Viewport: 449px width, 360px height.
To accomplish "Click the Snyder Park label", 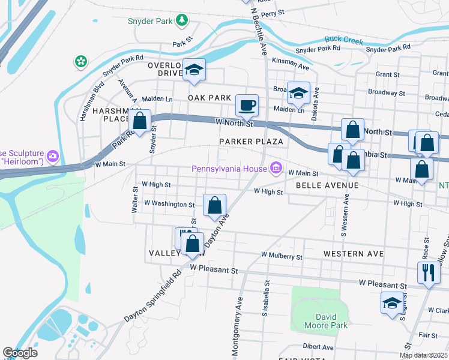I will coord(150,22).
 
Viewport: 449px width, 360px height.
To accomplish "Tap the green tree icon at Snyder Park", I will coord(182,22).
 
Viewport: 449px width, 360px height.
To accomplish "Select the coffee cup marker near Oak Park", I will coord(247,106).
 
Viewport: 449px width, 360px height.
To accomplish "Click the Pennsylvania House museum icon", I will coord(276,168).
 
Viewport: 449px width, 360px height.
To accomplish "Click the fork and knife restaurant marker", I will coord(428,273).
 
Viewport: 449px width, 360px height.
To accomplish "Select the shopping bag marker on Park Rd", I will coord(140,121).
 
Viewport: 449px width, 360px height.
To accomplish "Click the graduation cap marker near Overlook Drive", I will coord(194,70).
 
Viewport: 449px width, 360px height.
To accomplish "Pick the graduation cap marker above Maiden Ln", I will coord(298,93).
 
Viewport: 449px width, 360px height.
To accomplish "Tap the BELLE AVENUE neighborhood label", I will coord(327,185).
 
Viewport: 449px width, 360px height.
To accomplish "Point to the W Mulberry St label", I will coord(282,256).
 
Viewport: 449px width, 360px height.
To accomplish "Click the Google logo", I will coord(20,353).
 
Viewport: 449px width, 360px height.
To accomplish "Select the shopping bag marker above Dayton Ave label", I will coord(215,206).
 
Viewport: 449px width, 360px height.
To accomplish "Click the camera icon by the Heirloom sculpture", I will coord(53,156).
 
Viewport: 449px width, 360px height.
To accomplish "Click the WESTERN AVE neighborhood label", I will coord(353,254).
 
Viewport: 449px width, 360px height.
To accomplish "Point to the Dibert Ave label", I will coord(318,347).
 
